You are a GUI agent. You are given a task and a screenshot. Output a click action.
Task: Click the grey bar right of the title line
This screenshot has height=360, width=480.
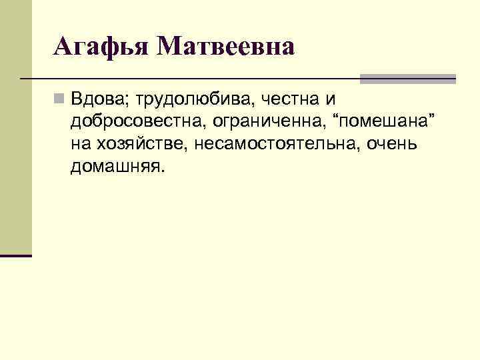click(407, 79)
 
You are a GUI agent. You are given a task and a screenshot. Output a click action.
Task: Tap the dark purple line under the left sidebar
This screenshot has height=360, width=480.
click(16, 255)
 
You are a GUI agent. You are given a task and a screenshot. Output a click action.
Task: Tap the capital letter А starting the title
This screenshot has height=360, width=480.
click(63, 47)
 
